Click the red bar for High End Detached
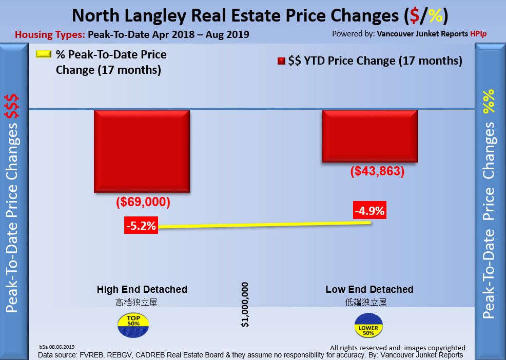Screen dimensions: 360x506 [x=142, y=151]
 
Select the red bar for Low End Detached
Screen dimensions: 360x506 [x=370, y=136]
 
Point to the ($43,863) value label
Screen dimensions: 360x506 [x=377, y=172]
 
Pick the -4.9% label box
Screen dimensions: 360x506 [x=369, y=211]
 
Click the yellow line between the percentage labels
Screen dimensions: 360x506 [x=257, y=224]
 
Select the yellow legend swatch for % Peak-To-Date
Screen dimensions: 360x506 [x=44, y=54]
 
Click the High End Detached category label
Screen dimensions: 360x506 [x=142, y=289]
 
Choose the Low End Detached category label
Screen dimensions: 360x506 [x=369, y=289]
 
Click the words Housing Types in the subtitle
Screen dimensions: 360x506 [x=50, y=35]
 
